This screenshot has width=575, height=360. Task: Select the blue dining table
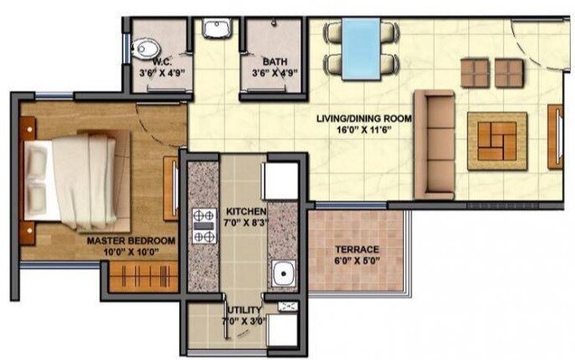(x=361, y=50)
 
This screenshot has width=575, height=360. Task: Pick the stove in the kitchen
(x=202, y=226)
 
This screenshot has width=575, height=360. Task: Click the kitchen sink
(x=284, y=273)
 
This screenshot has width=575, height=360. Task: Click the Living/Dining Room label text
(x=365, y=119)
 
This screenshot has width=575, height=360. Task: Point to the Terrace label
(x=356, y=249)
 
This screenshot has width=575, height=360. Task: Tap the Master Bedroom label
(x=131, y=241)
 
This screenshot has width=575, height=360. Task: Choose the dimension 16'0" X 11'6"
(x=365, y=129)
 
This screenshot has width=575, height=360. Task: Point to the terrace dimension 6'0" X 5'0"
(x=356, y=260)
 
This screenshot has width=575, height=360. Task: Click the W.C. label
(x=161, y=61)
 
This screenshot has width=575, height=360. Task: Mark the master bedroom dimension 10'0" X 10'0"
(x=131, y=251)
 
